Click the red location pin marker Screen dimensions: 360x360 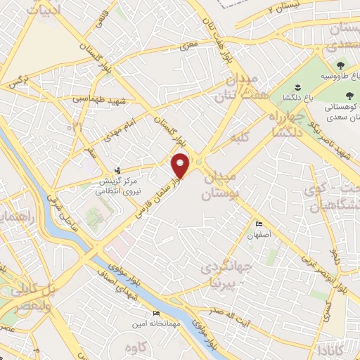181,165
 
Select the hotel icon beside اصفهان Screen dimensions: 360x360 259,224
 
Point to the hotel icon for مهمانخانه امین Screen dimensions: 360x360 156,313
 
